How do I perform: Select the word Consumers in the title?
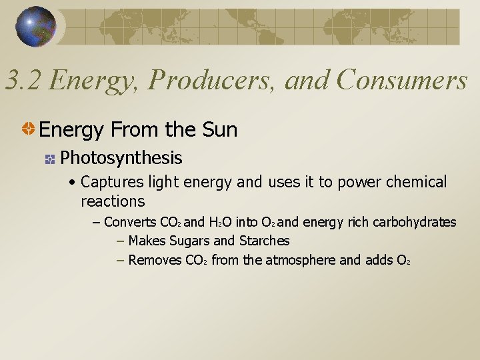point(402,80)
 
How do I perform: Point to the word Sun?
point(219,129)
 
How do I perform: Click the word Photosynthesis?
point(121,158)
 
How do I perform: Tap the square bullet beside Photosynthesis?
point(49,159)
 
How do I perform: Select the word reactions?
point(113,201)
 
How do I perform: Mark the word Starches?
point(264,241)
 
